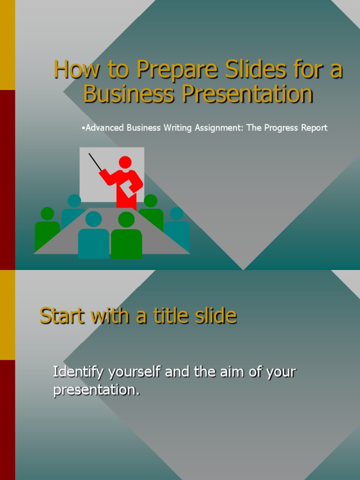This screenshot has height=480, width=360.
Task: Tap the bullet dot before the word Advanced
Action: (82, 127)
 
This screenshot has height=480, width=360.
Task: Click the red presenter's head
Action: (125, 162)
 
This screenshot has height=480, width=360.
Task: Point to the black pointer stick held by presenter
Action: (96, 162)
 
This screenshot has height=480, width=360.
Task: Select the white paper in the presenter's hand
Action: (127, 188)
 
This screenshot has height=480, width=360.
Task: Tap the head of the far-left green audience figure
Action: (47, 213)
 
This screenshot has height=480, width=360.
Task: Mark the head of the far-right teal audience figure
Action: (176, 214)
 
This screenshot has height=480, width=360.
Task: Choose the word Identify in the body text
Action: (78, 373)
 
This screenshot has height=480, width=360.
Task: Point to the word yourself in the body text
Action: (134, 373)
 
